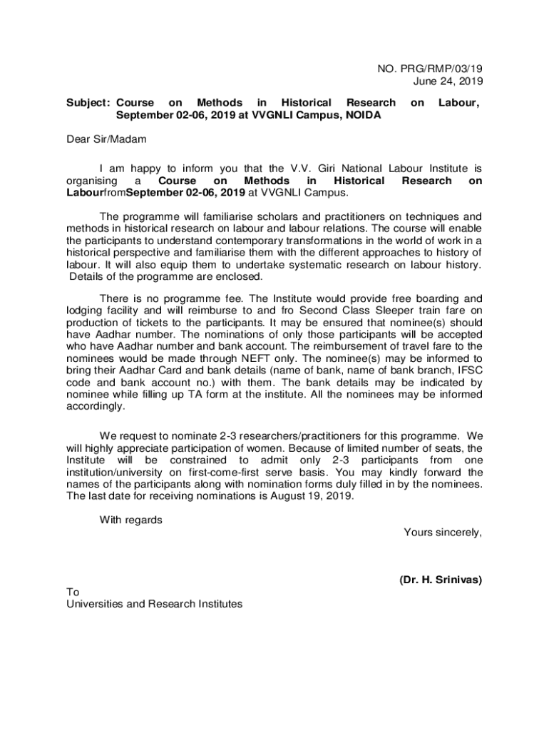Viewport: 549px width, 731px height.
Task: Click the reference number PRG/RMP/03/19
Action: (438, 69)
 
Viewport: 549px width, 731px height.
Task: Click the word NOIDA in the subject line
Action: (361, 116)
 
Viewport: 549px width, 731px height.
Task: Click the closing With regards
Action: (130, 520)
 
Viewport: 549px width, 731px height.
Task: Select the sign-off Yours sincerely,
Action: (443, 532)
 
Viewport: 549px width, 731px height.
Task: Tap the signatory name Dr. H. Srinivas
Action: (441, 580)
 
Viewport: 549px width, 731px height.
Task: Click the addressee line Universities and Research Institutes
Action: (154, 604)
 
